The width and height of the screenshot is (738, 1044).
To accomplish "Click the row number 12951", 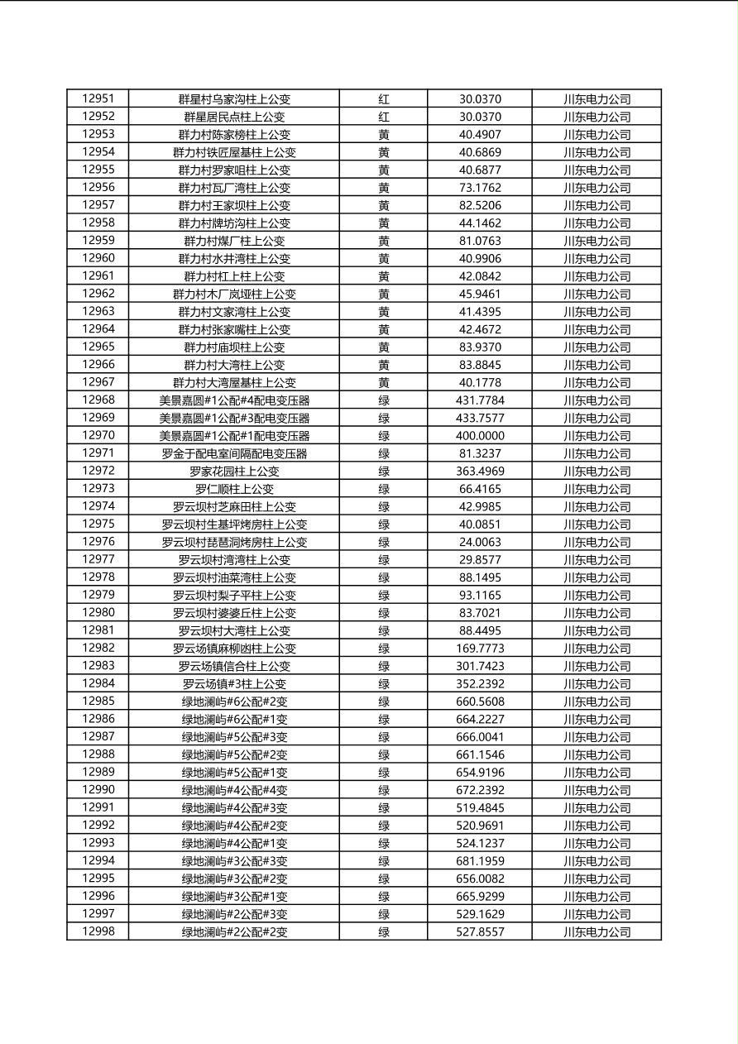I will click(x=98, y=98).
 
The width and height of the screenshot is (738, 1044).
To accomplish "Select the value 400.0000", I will click(x=480, y=436).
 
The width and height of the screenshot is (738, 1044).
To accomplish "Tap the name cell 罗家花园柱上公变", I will click(x=234, y=472).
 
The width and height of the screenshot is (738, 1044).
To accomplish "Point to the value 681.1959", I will click(x=480, y=861).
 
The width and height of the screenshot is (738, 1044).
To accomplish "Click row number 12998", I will click(x=98, y=931).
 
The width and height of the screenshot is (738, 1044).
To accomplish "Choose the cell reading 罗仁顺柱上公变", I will click(x=234, y=489).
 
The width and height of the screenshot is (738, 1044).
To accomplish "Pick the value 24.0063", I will click(x=480, y=542).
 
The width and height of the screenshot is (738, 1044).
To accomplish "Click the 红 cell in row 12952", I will click(x=384, y=117).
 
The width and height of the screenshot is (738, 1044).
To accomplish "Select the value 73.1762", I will click(x=480, y=188).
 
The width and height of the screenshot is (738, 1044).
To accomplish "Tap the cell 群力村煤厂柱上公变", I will click(x=234, y=241).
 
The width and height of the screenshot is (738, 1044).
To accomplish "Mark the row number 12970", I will click(x=98, y=435).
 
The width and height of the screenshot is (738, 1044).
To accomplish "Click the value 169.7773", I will click(x=480, y=649).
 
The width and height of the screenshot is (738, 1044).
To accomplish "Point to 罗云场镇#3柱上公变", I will click(x=234, y=684).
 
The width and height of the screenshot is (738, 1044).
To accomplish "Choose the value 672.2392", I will click(x=480, y=790).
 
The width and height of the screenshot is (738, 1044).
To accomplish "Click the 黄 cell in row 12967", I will click(x=384, y=383).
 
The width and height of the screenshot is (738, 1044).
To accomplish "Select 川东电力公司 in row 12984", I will click(x=597, y=684).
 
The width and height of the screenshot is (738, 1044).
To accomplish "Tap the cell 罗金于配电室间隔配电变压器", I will click(x=234, y=453).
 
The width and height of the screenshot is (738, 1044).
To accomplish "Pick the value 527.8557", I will click(x=480, y=932).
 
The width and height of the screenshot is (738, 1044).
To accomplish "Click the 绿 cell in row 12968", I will click(x=384, y=400).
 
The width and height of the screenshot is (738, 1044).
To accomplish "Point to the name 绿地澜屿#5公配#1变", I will click(x=234, y=773).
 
